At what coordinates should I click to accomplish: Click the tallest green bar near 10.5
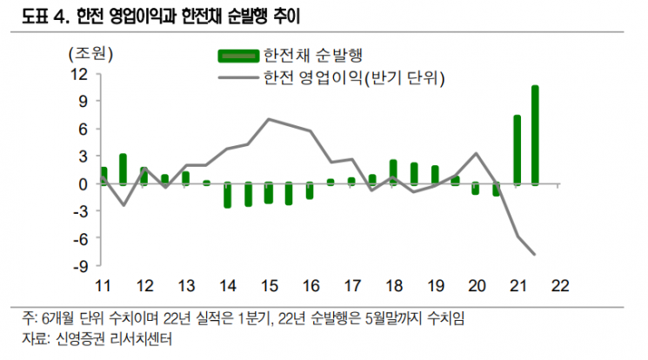pyautogui.click(x=535, y=135)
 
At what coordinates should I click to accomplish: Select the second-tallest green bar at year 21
pyautogui.click(x=517, y=150)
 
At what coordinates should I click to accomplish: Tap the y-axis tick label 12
pyautogui.click(x=80, y=75)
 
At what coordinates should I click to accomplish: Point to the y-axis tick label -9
pyautogui.click(x=81, y=266)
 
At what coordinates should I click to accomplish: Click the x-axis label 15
pyautogui.click(x=270, y=286)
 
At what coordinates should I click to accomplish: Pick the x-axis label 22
pyautogui.click(x=560, y=286)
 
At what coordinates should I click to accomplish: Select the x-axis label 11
pyautogui.click(x=103, y=286)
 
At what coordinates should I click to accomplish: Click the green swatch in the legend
pyautogui.click(x=238, y=57)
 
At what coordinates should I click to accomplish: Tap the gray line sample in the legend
pyautogui.click(x=238, y=77)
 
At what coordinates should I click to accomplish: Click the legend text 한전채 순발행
pyautogui.click(x=313, y=56)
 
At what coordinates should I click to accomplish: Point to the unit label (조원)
pyautogui.click(x=90, y=54)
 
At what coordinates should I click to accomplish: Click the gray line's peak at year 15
pyautogui.click(x=269, y=119)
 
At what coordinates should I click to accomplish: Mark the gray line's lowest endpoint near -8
pyautogui.click(x=535, y=254)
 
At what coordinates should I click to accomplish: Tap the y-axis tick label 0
pyautogui.click(x=84, y=184)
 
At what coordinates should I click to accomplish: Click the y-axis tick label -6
pyautogui.click(x=81, y=239)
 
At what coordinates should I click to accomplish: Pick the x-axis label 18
pyautogui.click(x=394, y=286)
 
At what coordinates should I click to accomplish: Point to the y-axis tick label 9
pyautogui.click(x=84, y=101)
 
